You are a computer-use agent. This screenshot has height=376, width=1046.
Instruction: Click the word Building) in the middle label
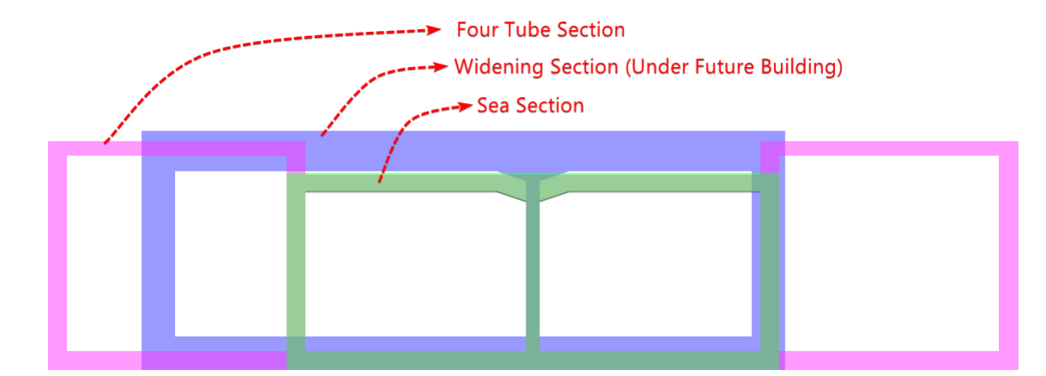802,67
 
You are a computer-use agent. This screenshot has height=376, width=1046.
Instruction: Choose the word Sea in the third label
493,106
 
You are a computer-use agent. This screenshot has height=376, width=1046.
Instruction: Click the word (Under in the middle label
657,67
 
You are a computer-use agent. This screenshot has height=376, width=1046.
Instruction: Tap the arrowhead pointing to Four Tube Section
434,30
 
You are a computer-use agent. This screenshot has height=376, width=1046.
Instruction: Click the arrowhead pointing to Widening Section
441,67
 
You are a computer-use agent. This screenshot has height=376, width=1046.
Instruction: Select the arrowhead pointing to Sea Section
465,106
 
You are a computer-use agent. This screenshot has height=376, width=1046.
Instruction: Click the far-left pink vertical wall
57,255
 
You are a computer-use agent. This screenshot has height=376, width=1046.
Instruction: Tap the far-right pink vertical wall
1008,255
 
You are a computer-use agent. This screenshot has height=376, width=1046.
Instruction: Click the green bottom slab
532,361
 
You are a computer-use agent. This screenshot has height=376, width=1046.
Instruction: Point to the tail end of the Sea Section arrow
379,182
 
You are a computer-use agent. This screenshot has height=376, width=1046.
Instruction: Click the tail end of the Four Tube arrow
105,143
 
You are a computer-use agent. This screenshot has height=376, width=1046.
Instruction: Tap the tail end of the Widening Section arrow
322,136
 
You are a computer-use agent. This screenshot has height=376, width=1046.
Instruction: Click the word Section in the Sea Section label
550,106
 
